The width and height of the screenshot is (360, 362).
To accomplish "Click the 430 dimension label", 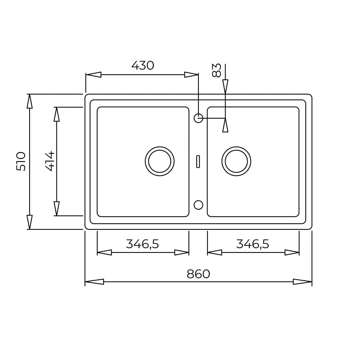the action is (x=142, y=65).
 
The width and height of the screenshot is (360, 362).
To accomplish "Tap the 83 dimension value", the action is (x=216, y=70).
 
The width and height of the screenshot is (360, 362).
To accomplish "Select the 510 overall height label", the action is (x=21, y=161).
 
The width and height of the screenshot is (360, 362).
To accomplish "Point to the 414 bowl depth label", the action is (x=50, y=161).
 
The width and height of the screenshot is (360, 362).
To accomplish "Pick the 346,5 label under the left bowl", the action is (x=142, y=244).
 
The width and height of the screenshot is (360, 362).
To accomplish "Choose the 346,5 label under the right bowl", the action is (x=253, y=244).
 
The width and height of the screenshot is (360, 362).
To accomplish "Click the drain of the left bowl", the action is (x=145, y=161).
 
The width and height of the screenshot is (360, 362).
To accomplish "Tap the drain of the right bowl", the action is (x=222, y=161).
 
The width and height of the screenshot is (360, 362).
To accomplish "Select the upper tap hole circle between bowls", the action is (x=194, y=118).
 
